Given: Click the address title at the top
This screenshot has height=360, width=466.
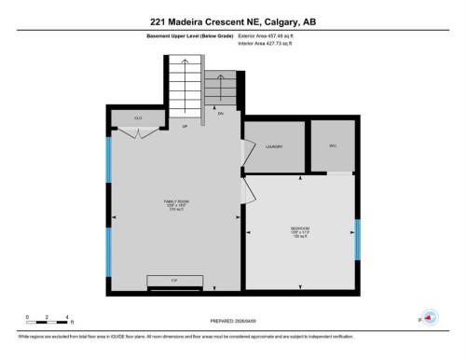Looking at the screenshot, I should pos(233,18).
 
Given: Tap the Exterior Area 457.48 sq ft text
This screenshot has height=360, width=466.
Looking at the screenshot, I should pos(271,36).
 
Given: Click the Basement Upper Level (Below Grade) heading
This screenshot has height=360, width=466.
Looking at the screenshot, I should pos(191,36).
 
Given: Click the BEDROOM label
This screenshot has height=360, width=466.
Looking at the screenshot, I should pos(299,229).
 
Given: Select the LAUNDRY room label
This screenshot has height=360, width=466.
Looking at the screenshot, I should pos(274,147).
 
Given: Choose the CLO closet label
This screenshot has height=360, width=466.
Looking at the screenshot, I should pos(138,118).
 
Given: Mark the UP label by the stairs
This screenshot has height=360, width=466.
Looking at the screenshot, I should pos(185,127).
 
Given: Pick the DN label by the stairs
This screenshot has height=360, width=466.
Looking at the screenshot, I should pos(221,114).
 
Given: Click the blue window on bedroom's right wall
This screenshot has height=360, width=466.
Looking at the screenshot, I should pos(357,238).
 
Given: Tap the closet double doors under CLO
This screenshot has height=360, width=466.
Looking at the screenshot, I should pos(138,133).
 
